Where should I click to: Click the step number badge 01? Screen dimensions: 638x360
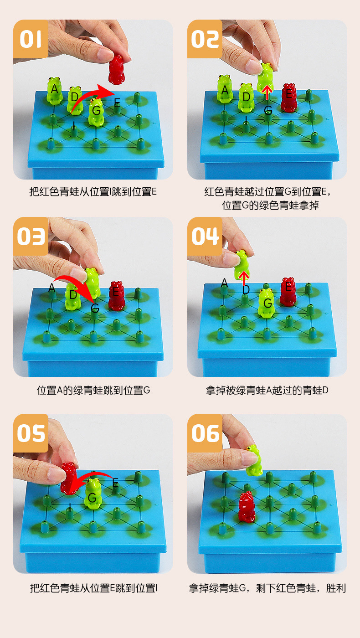click(x=31, y=39)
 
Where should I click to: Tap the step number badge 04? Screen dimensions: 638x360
click(x=205, y=236)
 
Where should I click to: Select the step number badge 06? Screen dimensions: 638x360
click(x=205, y=433)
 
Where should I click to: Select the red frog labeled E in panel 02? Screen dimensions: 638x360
click(x=288, y=98)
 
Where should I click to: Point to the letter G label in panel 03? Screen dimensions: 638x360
click(x=95, y=309)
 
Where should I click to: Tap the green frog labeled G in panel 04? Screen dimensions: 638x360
click(x=267, y=302)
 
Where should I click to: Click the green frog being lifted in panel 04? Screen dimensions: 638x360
click(x=242, y=264)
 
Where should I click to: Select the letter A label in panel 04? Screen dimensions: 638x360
click(x=224, y=283)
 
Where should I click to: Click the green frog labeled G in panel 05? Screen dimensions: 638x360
click(x=93, y=493)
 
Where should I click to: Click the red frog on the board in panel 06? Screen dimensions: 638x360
click(x=246, y=507)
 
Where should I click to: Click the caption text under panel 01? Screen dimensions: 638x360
click(x=93, y=191)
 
